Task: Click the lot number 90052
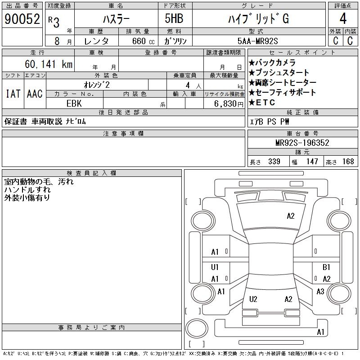22,19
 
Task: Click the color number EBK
74,103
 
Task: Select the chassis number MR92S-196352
302,143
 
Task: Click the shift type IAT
13,94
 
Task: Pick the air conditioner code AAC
35,94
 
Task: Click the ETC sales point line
265,103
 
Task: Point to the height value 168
348,162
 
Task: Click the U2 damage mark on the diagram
253,299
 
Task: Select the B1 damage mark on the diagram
327,267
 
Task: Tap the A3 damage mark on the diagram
320,292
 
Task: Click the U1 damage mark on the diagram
215,267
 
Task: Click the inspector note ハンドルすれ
27,190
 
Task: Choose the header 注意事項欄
123,133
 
